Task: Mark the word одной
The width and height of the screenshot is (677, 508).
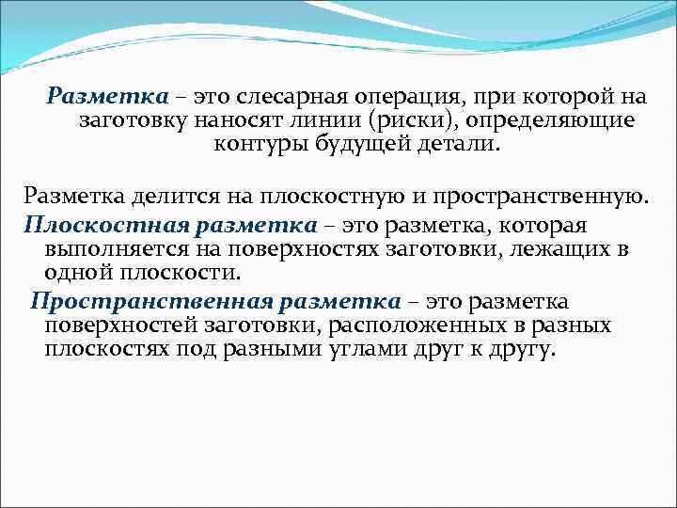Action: coord(72,274)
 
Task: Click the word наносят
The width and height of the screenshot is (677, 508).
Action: coord(228,121)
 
